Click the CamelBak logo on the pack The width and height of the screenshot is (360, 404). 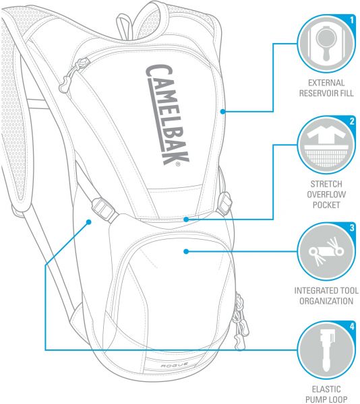tap(167, 115)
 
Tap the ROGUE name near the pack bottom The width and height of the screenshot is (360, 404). tap(171, 366)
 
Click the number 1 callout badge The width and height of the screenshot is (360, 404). tap(352, 20)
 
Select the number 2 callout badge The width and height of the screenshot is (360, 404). tap(352, 121)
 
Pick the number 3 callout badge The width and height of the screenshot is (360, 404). tap(352, 228)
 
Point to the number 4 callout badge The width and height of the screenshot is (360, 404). tap(352, 327)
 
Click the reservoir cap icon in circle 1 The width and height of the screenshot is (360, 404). tap(326, 44)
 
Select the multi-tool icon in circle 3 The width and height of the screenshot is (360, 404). tap(326, 251)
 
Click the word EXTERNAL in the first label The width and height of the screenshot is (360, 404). tap(326, 83)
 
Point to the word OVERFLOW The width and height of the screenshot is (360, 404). tap(326, 195)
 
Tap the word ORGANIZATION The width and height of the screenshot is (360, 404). tap(326, 301)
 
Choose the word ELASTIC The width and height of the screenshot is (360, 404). tap(326, 389)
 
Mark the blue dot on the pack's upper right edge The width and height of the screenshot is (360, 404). tap(222, 111)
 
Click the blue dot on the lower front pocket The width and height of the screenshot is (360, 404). tap(186, 251)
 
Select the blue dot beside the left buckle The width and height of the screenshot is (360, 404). tap(89, 222)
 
